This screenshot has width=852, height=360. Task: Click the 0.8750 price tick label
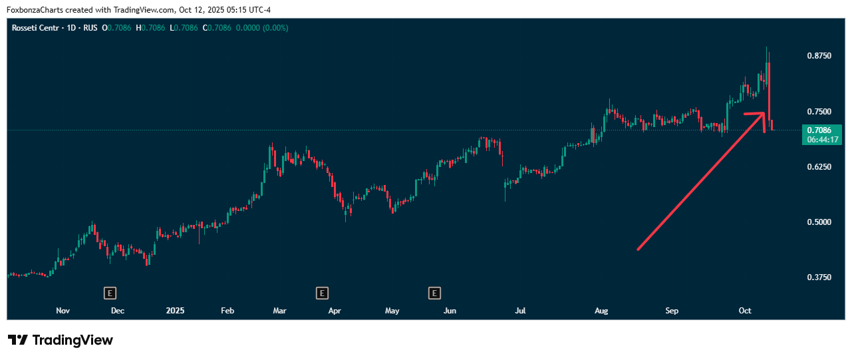(818, 56)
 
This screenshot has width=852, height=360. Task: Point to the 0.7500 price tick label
(818, 111)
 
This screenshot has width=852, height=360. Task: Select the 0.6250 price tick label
(818, 166)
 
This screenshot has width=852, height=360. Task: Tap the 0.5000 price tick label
(818, 222)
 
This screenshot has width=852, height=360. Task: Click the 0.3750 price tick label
(818, 277)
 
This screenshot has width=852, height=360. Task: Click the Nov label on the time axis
(63, 311)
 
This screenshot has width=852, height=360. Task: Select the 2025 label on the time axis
(175, 311)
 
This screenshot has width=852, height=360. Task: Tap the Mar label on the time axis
(279, 311)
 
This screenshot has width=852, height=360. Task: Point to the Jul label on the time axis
(520, 311)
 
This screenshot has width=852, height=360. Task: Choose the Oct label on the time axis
(745, 311)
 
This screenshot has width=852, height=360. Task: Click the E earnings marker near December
(110, 292)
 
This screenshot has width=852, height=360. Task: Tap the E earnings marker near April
(322, 292)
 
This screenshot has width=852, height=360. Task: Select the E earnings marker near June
(434, 292)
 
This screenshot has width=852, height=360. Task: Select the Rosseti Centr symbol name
(35, 28)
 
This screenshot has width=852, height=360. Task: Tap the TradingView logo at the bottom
(61, 340)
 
